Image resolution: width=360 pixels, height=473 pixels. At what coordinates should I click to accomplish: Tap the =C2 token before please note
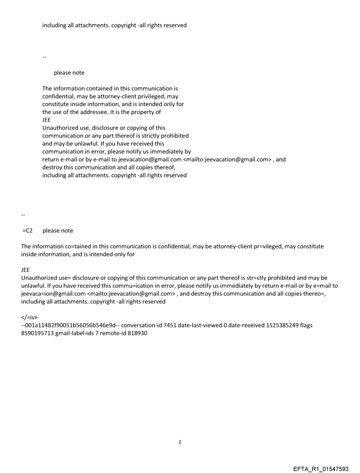pos(27,231)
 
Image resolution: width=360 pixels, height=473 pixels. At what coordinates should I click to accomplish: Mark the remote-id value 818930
pos(137,334)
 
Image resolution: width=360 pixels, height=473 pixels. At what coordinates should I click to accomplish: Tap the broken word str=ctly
pos(244,278)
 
